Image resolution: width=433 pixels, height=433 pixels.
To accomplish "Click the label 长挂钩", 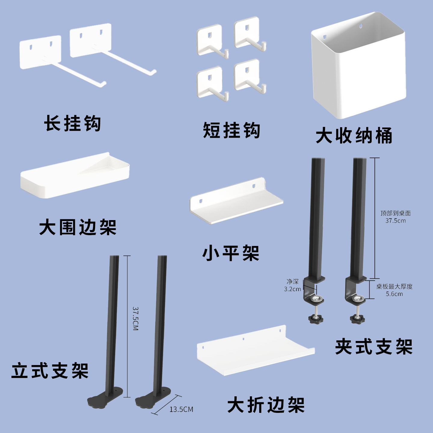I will [72, 123].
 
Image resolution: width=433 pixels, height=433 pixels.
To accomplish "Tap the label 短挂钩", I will [232, 130].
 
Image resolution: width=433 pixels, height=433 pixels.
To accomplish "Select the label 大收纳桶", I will [354, 136].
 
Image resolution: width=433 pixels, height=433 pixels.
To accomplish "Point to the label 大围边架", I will [78, 227].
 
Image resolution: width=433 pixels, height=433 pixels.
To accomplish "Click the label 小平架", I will [231, 253].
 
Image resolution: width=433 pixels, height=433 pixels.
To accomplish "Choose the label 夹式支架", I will [374, 347].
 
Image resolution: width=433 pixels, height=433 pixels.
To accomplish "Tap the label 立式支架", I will [50, 370].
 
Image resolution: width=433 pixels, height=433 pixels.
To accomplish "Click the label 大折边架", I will [266, 405].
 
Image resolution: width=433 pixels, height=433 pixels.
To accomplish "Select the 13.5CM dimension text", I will [181, 409].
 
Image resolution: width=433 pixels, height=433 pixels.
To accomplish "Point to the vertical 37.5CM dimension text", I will [136, 319].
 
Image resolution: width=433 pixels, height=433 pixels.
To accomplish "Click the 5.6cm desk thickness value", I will [394, 294].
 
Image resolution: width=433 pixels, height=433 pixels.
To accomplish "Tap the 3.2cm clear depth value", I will [292, 289].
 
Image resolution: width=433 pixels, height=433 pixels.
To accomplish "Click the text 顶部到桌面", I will [395, 213].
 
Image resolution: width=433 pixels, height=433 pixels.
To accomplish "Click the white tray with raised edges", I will [75, 176].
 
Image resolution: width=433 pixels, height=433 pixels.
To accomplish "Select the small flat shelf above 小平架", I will [236, 201].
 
